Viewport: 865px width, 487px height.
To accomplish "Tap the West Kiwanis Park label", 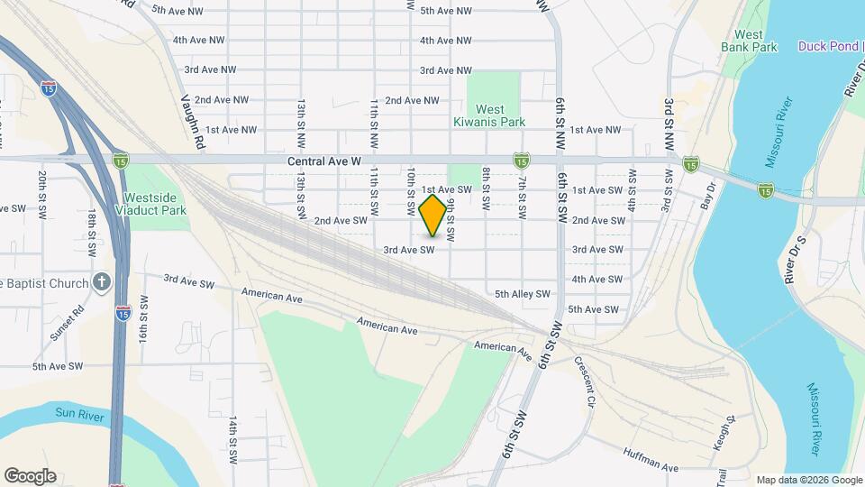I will tap(495, 115).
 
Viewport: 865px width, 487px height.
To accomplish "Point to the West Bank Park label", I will tap(749, 40).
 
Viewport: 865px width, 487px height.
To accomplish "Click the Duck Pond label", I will tap(830, 46).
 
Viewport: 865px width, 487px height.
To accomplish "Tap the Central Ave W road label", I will tap(324, 161).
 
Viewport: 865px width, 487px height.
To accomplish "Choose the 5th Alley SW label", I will tap(522, 294).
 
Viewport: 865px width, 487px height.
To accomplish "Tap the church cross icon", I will tap(102, 283).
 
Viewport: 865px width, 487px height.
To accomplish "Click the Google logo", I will tap(30, 476).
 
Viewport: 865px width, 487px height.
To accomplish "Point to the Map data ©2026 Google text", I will tap(807, 480).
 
